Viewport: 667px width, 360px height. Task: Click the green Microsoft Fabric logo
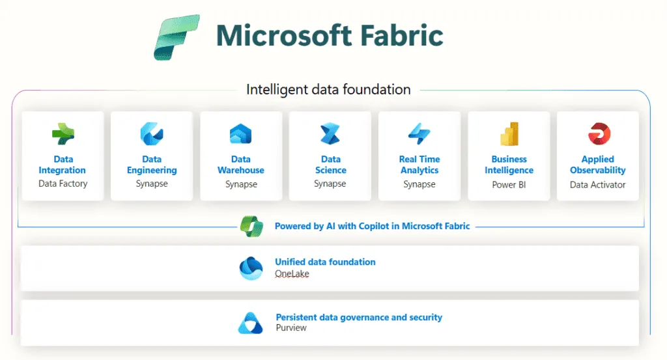[x=177, y=37]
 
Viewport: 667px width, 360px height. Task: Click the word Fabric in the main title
[x=401, y=35]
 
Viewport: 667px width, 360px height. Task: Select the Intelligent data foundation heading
[x=328, y=90]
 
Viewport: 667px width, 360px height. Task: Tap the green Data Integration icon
[x=63, y=134]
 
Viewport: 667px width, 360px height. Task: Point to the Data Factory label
[x=63, y=184]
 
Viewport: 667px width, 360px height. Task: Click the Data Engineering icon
[x=152, y=134]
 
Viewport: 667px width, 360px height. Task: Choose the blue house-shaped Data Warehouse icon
[x=241, y=134]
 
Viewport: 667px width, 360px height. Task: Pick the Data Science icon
[x=330, y=134]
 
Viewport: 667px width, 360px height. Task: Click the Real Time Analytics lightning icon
[x=419, y=134]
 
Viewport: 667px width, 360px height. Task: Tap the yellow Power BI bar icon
[x=509, y=134]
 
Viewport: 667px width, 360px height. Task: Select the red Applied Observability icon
[x=599, y=134]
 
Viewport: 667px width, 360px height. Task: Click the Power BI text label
[x=509, y=185]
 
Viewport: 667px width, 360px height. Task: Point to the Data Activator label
[x=598, y=185]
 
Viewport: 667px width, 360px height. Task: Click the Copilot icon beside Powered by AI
[x=252, y=226]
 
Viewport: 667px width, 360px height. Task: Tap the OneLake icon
[x=251, y=268]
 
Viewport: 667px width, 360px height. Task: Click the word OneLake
[x=292, y=273]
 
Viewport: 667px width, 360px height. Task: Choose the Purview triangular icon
[x=251, y=323]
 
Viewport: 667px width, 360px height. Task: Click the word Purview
[x=291, y=327]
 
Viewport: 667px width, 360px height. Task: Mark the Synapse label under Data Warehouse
[x=241, y=184]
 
